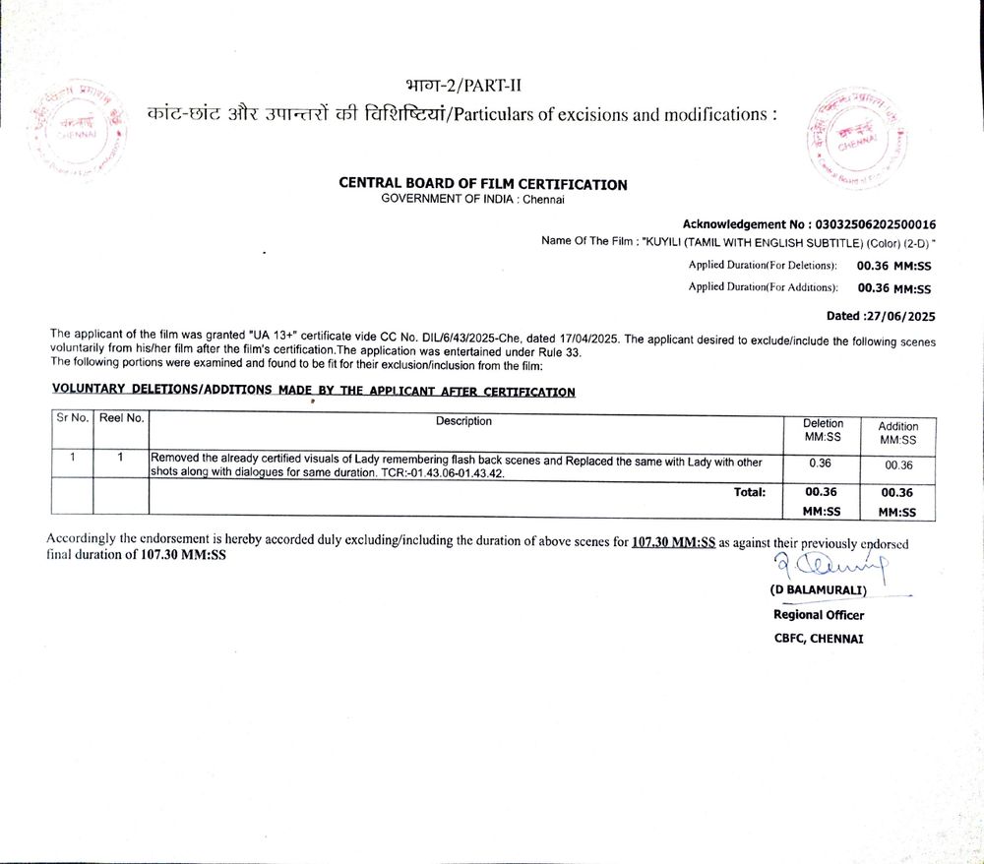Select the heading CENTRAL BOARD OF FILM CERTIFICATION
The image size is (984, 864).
click(x=482, y=184)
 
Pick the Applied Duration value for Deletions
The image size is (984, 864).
click(x=893, y=266)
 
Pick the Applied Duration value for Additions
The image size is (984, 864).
click(x=893, y=288)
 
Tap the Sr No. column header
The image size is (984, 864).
click(x=74, y=418)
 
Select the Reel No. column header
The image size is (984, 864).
click(x=123, y=418)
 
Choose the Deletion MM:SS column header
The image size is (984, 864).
click(x=823, y=429)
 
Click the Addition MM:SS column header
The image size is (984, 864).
click(x=897, y=433)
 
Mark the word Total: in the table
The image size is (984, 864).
click(x=750, y=492)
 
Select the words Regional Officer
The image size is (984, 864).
click(x=819, y=615)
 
